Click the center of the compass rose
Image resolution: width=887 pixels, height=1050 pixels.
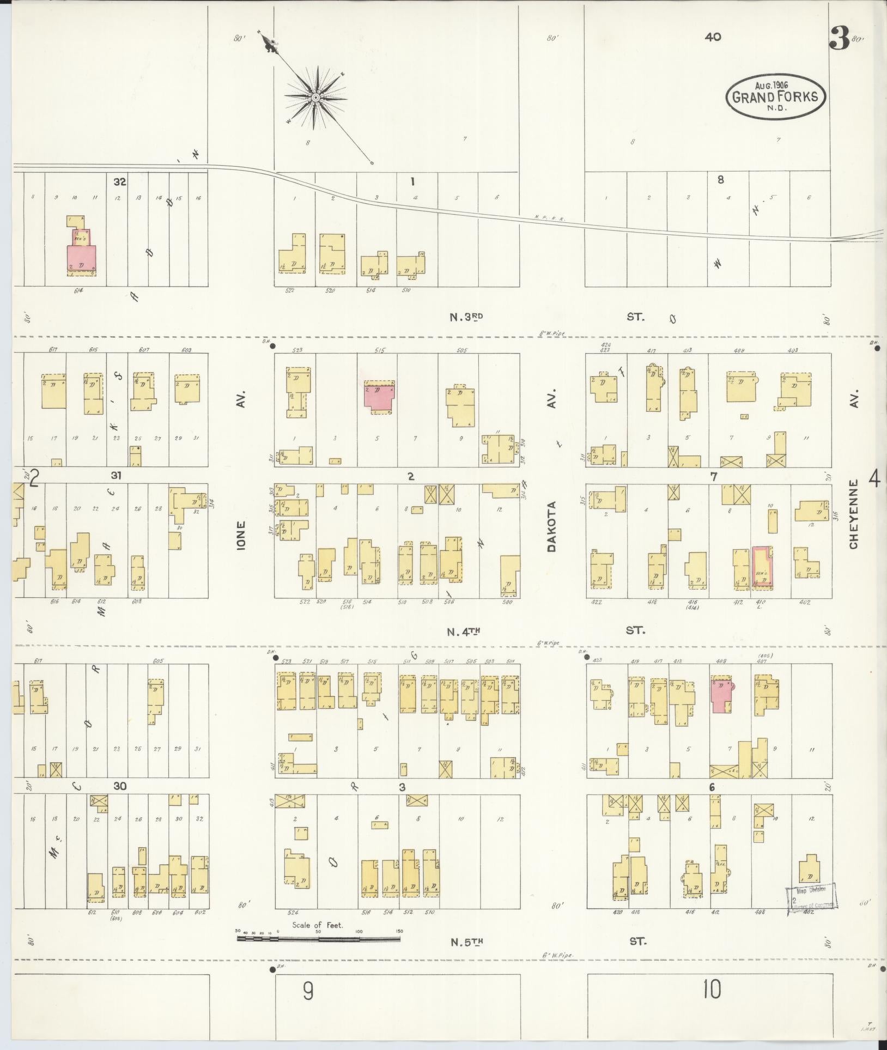point(315,98)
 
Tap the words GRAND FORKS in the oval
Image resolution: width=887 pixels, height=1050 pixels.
point(775,98)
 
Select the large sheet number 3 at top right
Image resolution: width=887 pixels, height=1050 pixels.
point(839,38)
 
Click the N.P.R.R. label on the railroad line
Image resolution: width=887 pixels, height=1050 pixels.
point(550,219)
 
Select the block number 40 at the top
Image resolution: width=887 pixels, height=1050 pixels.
point(713,37)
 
